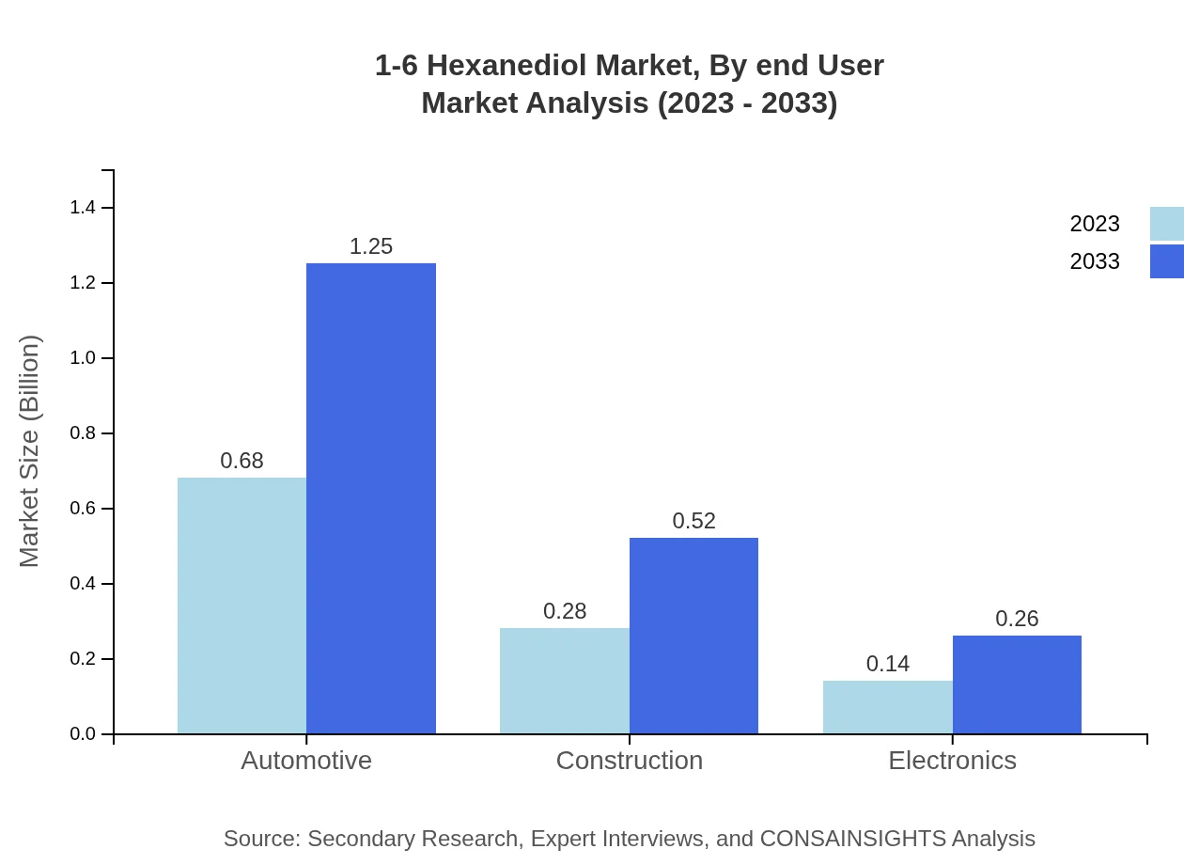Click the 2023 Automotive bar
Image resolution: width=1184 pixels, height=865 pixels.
click(x=241, y=605)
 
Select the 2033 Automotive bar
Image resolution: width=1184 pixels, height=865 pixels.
click(x=371, y=498)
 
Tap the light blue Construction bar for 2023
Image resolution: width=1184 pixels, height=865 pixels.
click(x=564, y=681)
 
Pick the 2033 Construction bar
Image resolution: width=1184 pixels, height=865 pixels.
click(x=693, y=636)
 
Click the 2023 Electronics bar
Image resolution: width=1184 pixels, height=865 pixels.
click(x=887, y=707)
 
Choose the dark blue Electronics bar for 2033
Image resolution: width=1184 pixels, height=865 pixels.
click(x=1017, y=684)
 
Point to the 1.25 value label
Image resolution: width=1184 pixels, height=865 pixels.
click(x=371, y=246)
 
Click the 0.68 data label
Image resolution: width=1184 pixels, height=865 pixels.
click(x=241, y=461)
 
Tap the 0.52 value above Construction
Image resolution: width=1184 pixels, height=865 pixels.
click(x=693, y=521)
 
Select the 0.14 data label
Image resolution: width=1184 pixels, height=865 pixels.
click(x=887, y=664)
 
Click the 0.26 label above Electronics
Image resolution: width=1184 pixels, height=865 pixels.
click(x=1017, y=619)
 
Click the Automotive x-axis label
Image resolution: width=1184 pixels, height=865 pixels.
click(x=306, y=760)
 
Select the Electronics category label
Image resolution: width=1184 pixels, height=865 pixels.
click(x=952, y=760)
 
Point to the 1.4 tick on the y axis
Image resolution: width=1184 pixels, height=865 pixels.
click(x=83, y=208)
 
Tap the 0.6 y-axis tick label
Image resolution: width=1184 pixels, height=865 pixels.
click(x=83, y=509)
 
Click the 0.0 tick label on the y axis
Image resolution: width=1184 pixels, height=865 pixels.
click(x=83, y=734)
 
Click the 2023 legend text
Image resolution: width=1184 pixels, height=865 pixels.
click(x=1095, y=224)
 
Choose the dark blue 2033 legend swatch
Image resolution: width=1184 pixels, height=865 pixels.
click(x=1167, y=261)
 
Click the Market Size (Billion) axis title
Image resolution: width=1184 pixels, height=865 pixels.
click(x=30, y=451)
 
